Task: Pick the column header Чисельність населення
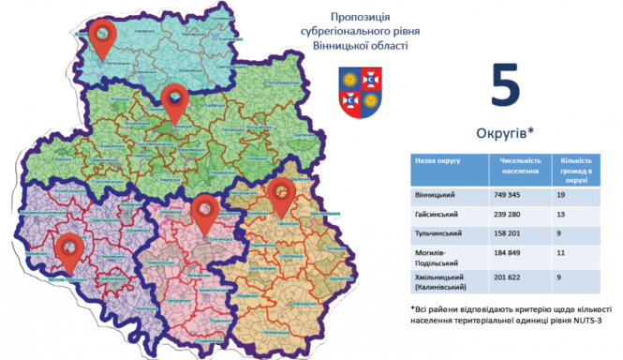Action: [520, 165]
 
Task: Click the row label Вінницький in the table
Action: [435, 195]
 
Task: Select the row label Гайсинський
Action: [437, 214]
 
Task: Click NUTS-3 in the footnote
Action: [593, 320]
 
